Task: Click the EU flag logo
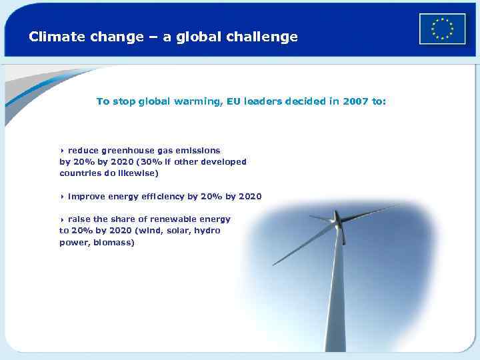coord(442,29)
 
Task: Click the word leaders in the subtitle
coord(265,101)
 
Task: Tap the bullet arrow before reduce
coord(62,151)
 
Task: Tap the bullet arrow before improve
coord(62,197)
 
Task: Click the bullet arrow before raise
coord(62,219)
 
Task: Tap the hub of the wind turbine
coord(341,220)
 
